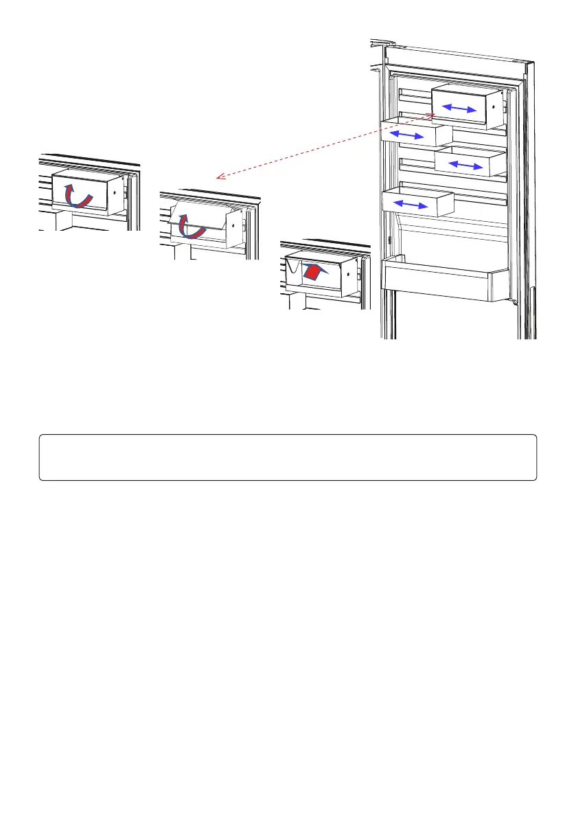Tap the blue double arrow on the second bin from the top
(x=408, y=135)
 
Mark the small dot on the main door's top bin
(x=494, y=109)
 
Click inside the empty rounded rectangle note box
(x=288, y=457)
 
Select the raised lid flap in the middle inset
(x=199, y=214)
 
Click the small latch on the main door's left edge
(x=389, y=240)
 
